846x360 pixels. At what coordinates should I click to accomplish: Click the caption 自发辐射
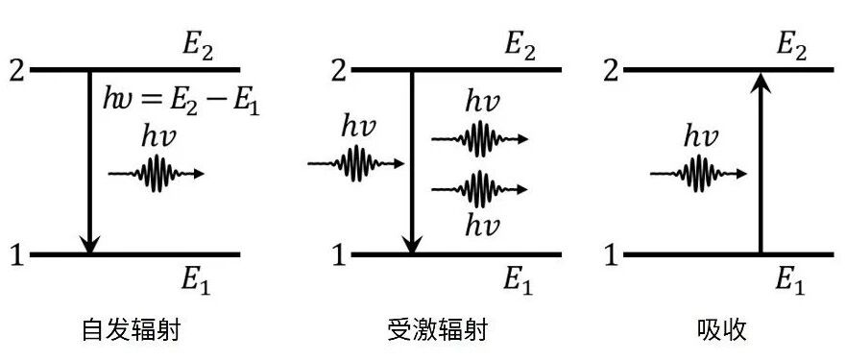[x=131, y=330]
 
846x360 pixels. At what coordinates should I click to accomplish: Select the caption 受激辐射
[x=438, y=330]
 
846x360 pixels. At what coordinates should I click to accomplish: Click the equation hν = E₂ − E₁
[x=181, y=102]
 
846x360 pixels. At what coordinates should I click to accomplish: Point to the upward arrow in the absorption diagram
[x=761, y=162]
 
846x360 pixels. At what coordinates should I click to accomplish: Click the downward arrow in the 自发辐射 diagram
[x=90, y=162]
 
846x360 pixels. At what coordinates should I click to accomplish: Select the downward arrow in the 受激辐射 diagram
[x=412, y=162]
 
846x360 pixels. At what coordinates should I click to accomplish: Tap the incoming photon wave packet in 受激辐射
[x=356, y=163]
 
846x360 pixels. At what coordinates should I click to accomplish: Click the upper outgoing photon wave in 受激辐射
[x=479, y=139]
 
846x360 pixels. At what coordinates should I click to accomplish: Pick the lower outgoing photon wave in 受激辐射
[x=479, y=189]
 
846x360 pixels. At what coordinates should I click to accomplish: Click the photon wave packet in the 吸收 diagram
[x=699, y=174]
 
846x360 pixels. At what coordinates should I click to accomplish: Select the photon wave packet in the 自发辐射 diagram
[x=157, y=174]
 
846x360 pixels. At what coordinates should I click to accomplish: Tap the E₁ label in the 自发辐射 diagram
[x=196, y=281]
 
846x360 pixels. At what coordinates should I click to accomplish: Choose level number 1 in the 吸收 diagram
[x=611, y=254]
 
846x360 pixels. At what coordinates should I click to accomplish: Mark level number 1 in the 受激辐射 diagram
[x=339, y=254]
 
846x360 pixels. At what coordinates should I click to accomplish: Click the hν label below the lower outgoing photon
[x=482, y=225]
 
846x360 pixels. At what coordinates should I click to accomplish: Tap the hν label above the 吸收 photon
[x=700, y=137]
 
